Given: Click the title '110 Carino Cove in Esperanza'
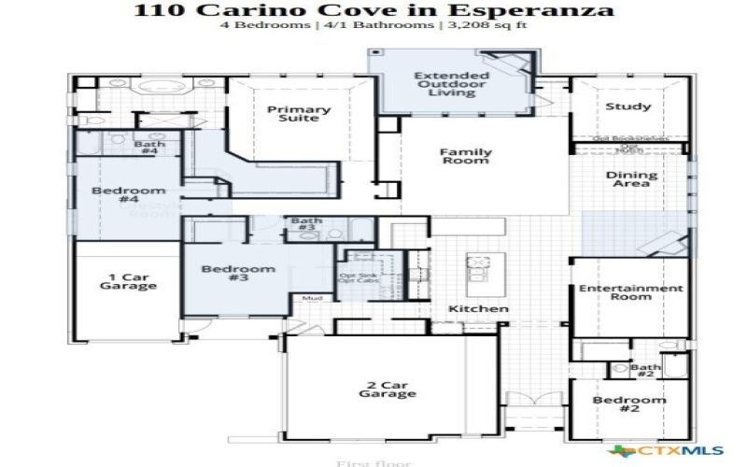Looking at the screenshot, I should (373, 10).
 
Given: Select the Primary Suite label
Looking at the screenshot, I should (299, 114).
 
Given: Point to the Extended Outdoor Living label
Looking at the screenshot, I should (451, 84).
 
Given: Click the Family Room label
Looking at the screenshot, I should (465, 156).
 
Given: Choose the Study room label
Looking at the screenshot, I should (627, 106).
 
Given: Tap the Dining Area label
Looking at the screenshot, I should (631, 178).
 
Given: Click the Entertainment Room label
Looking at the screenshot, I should (630, 293).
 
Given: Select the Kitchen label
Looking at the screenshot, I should (479, 308).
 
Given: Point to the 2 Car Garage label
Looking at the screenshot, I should (388, 389).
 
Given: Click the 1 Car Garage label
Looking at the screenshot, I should (128, 281).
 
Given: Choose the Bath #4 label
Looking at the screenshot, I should (150, 148).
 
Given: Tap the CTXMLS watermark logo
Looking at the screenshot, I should (665, 450).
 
